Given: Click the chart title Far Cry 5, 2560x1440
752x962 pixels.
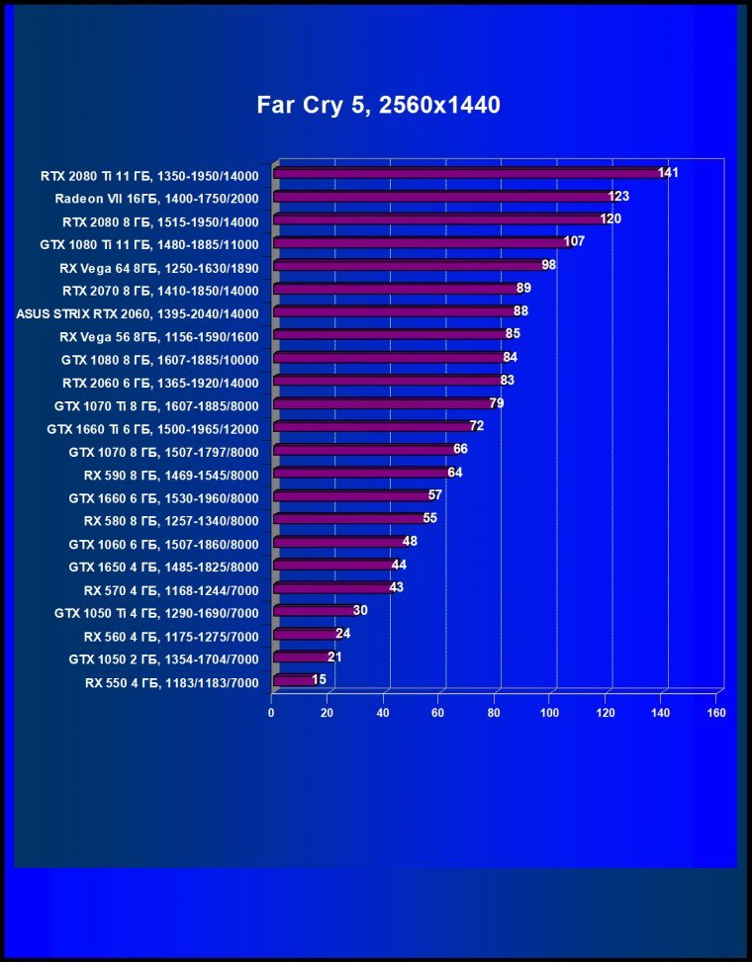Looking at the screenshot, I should tap(378, 104).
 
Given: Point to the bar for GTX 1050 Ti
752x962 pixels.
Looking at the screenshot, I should tap(312, 612).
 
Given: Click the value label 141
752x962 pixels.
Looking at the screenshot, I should tap(668, 173).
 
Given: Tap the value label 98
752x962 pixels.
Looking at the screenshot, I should tap(549, 265).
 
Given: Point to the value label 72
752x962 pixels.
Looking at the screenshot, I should tap(477, 426).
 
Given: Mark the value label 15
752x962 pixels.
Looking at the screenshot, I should tap(319, 679).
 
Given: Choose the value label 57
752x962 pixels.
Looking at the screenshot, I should tap(434, 495).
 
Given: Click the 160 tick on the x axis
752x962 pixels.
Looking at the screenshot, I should tap(717, 712).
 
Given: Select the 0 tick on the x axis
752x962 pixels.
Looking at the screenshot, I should tap(271, 712).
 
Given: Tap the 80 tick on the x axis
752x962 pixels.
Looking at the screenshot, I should tap(494, 712).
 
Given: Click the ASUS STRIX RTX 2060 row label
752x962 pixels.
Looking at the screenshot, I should tap(138, 313).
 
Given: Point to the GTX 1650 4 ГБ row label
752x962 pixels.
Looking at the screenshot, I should tap(163, 567).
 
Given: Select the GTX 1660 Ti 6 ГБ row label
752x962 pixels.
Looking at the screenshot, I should tap(152, 429).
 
